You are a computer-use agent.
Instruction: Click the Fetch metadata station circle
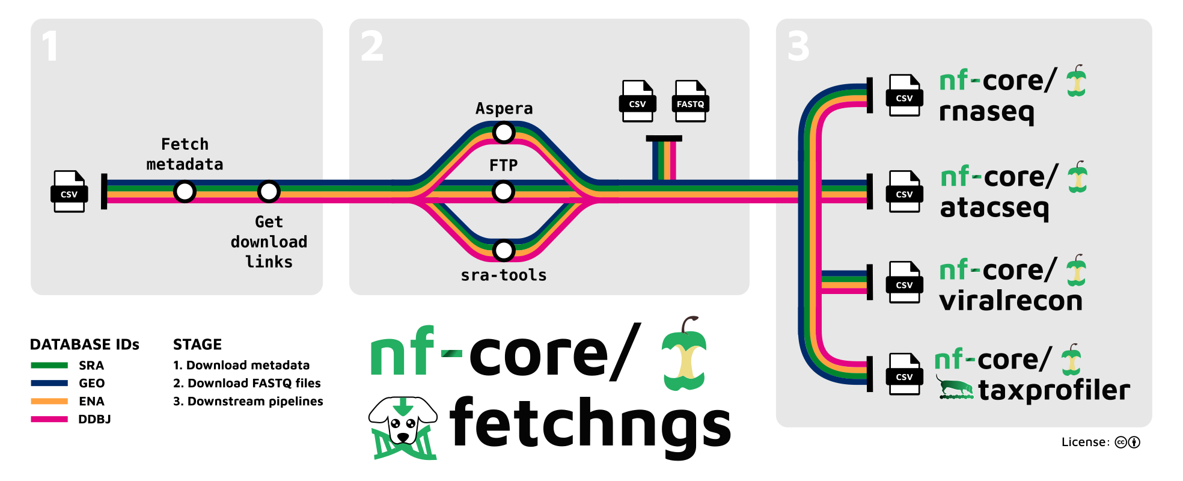click(185, 192)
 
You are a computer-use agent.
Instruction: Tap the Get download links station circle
click(269, 192)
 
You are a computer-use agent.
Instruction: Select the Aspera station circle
click(504, 132)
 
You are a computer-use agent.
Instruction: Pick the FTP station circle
click(503, 192)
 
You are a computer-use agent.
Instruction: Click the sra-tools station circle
click(504, 250)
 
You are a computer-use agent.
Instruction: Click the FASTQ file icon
click(690, 101)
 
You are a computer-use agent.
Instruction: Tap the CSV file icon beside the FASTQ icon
click(637, 101)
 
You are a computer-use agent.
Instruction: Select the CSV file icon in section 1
click(69, 191)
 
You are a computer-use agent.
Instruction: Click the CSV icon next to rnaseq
click(904, 95)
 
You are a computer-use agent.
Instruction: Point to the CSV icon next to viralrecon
click(904, 282)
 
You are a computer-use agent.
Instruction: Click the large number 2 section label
click(372, 46)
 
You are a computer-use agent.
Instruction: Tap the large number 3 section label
click(798, 46)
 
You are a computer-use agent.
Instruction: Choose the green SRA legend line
click(49, 365)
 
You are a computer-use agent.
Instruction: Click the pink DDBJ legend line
click(49, 419)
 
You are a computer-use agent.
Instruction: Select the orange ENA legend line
click(49, 401)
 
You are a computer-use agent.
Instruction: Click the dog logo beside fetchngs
click(403, 427)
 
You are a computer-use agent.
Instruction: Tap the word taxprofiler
click(1054, 390)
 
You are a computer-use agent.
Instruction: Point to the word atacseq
click(994, 208)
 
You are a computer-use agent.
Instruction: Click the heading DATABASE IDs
click(85, 345)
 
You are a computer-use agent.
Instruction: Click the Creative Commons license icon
click(1120, 443)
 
